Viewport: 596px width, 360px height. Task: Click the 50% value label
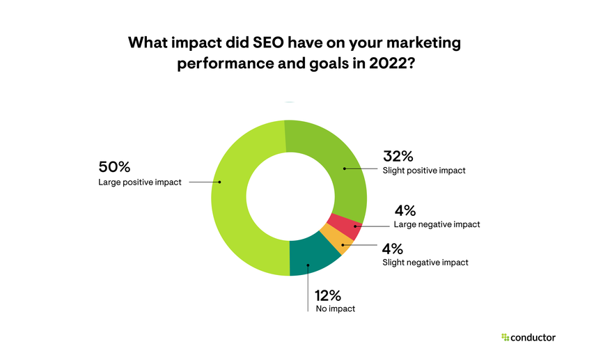point(114,167)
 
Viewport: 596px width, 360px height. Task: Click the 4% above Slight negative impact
point(393,248)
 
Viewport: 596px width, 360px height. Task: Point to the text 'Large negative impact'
point(437,225)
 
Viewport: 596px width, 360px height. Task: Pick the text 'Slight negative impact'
point(425,263)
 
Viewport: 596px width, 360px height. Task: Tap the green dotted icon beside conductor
point(505,338)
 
